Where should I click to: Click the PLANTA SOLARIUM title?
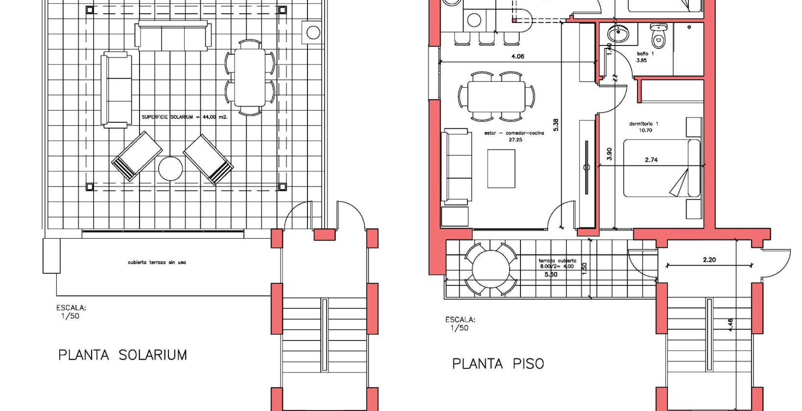pyautogui.click(x=122, y=355)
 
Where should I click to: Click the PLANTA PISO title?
pyautogui.click(x=498, y=364)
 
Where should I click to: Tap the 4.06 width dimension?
pyautogui.click(x=518, y=56)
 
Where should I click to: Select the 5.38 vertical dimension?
pyautogui.click(x=556, y=125)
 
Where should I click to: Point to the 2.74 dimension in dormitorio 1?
pyautogui.click(x=651, y=160)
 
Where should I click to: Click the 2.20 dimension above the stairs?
pyautogui.click(x=709, y=260)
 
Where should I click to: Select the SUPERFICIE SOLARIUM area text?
pyautogui.click(x=185, y=117)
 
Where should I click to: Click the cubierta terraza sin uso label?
pyautogui.click(x=157, y=263)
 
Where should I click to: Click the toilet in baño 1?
pyautogui.click(x=658, y=36)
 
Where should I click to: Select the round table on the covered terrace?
pyautogui.click(x=491, y=270)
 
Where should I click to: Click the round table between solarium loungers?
pyautogui.click(x=170, y=169)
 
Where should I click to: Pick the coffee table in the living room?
pyautogui.click(x=501, y=169)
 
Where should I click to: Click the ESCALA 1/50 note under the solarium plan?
pyautogui.click(x=71, y=312)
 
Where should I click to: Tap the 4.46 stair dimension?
pyautogui.click(x=730, y=324)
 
